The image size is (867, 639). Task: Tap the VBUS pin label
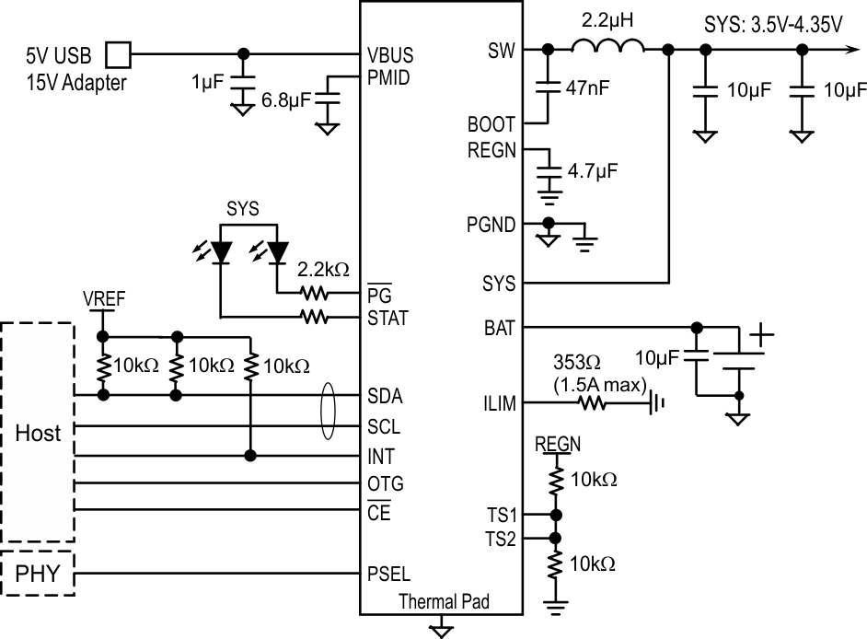(388, 54)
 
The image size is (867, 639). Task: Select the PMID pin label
(388, 77)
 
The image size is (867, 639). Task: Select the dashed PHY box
(39, 575)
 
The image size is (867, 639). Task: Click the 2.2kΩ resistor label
(323, 270)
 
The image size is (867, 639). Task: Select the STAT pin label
(387, 319)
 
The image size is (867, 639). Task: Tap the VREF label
(102, 299)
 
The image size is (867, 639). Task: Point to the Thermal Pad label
(444, 602)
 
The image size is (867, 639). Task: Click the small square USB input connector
(119, 54)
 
